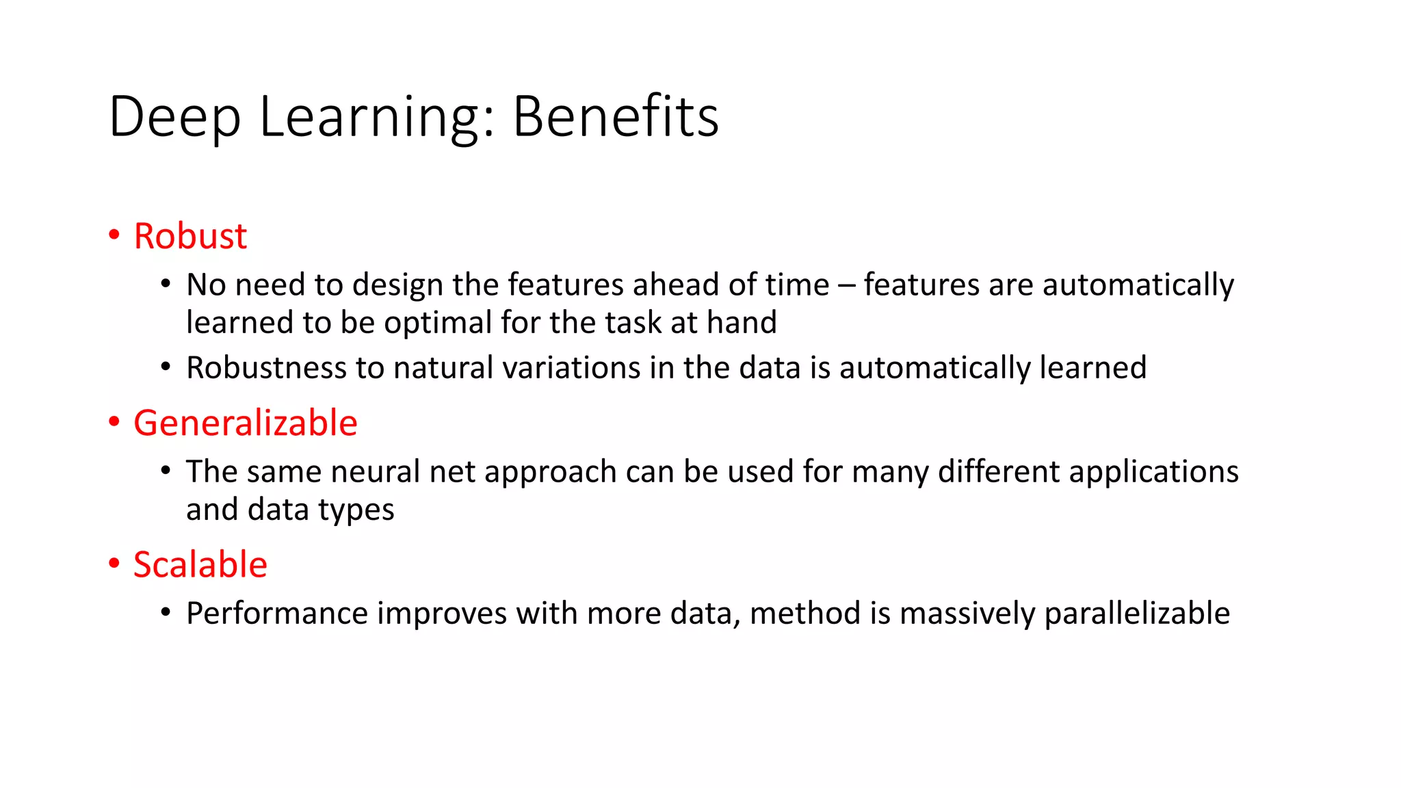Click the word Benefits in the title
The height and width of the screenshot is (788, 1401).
615,117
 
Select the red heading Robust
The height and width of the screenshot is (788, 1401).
190,236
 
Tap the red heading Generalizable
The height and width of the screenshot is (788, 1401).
245,423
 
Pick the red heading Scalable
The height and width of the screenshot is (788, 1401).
200,565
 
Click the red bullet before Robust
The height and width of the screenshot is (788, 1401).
114,235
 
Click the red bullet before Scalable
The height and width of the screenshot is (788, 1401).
114,564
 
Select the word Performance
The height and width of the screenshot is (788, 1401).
277,614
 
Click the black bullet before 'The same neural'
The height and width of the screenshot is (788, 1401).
166,471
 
